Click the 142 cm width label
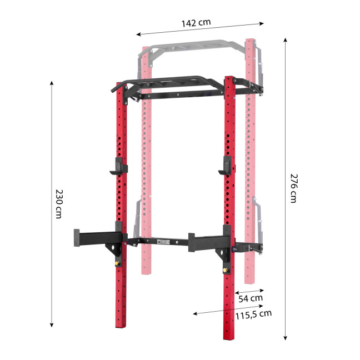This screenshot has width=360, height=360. pos(196,23)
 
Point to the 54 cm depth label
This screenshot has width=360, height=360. pos(250,299)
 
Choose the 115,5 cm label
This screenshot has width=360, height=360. pos(253,314)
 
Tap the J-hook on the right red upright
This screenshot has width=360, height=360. pos(226,167)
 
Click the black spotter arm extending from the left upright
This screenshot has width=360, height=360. pos(93,238)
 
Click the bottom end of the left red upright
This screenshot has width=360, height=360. pos(122,325)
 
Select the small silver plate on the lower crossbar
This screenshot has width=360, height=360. pos(165,242)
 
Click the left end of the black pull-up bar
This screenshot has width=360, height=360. pos(113,87)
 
